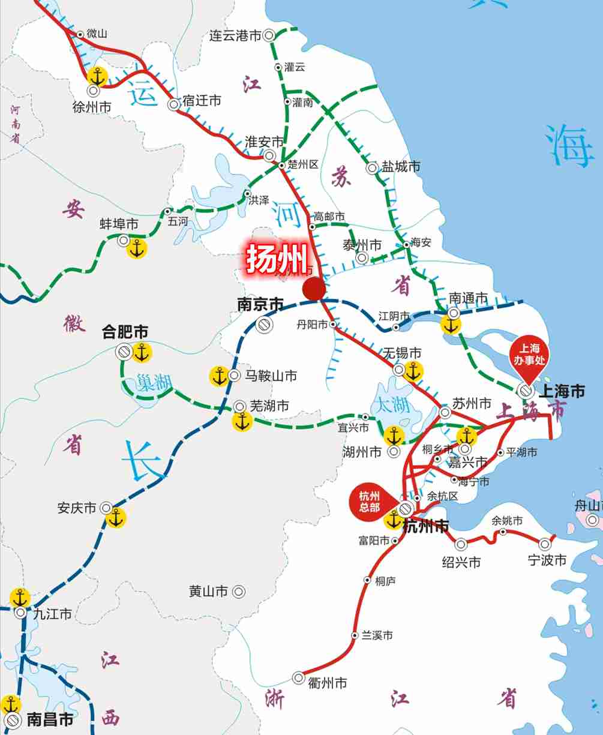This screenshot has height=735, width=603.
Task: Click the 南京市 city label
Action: click(x=260, y=305)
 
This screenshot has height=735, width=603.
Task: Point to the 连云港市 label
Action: click(x=235, y=36)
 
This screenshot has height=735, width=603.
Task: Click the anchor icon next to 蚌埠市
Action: click(x=137, y=248)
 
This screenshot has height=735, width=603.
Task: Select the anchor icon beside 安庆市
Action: click(x=116, y=517)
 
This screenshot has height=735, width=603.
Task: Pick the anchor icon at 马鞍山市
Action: click(x=218, y=376)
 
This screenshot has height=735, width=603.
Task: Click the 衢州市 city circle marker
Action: click(x=298, y=677)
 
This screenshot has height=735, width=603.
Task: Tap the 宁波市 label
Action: click(x=547, y=560)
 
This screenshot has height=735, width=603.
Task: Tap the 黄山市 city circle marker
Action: click(x=239, y=592)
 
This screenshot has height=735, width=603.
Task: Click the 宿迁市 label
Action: click(x=202, y=101)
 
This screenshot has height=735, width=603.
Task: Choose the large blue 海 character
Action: click(x=569, y=147)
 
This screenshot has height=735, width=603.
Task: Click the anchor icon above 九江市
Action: click(x=20, y=598)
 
